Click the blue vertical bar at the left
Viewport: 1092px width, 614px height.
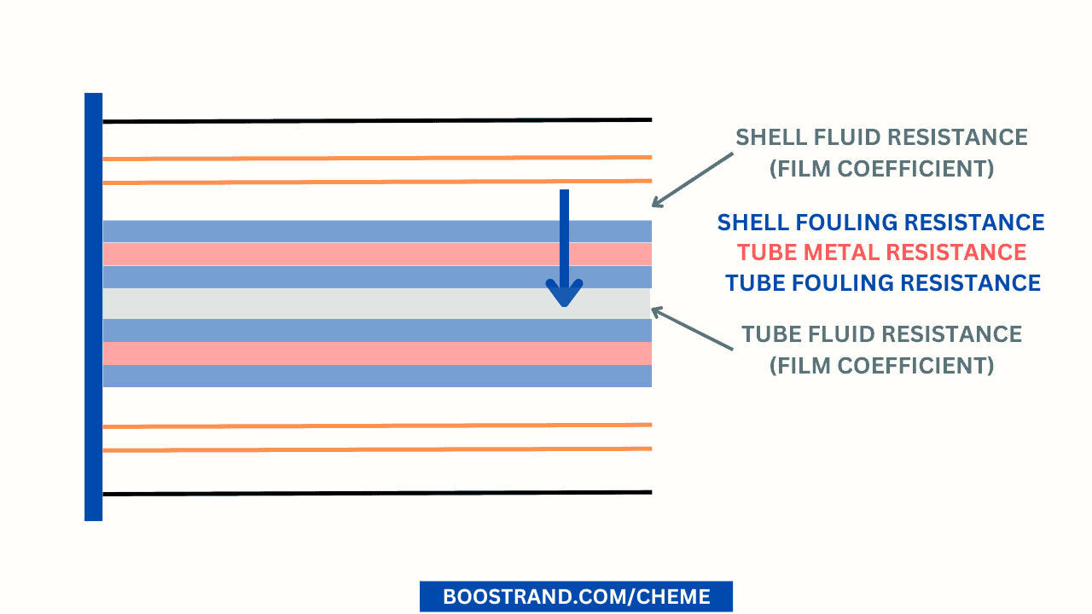coord(93,307)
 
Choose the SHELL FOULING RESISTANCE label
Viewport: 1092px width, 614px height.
coord(880,223)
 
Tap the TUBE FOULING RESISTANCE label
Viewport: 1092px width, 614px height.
coord(882,283)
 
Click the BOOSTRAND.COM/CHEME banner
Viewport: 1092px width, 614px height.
coord(576,596)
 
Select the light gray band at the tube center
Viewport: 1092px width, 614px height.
coord(341,304)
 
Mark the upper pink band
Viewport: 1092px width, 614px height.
coord(341,254)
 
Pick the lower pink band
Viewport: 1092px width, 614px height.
coord(341,353)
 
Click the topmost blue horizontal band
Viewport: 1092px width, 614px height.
coord(341,231)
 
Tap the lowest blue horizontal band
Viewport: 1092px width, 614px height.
coord(341,376)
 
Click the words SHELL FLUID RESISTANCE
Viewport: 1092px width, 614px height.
coord(881,137)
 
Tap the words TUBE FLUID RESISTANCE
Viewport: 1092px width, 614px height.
coord(881,334)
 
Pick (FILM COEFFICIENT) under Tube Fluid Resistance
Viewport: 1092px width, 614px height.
coord(881,366)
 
